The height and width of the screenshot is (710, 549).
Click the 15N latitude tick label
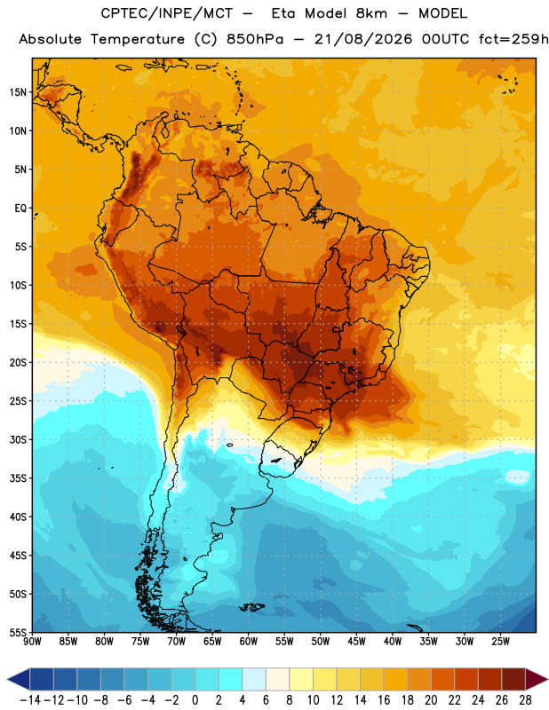point(18,92)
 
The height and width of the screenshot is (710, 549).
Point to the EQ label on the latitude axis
point(20,209)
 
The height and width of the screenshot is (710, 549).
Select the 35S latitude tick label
point(18,478)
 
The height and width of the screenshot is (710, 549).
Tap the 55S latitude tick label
point(18,632)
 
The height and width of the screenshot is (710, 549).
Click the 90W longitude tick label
point(32,641)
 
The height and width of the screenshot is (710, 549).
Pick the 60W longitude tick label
point(249,641)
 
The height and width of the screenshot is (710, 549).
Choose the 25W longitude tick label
point(500,641)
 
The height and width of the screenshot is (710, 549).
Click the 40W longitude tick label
point(393,641)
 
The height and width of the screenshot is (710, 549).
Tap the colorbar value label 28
point(525,700)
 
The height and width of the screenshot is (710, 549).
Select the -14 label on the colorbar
point(30,700)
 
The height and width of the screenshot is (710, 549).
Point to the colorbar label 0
point(195,700)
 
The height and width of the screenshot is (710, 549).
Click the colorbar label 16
point(384,700)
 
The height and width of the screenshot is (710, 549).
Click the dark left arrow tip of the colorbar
point(8,679)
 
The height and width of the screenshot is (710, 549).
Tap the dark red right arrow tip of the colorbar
point(547,679)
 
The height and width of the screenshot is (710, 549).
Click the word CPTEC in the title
point(120,13)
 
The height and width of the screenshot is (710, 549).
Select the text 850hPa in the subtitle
point(255,39)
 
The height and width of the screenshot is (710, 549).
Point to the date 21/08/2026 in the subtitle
point(363,39)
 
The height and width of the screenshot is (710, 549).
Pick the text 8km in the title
point(371,13)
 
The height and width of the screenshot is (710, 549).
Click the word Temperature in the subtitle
point(138,40)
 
